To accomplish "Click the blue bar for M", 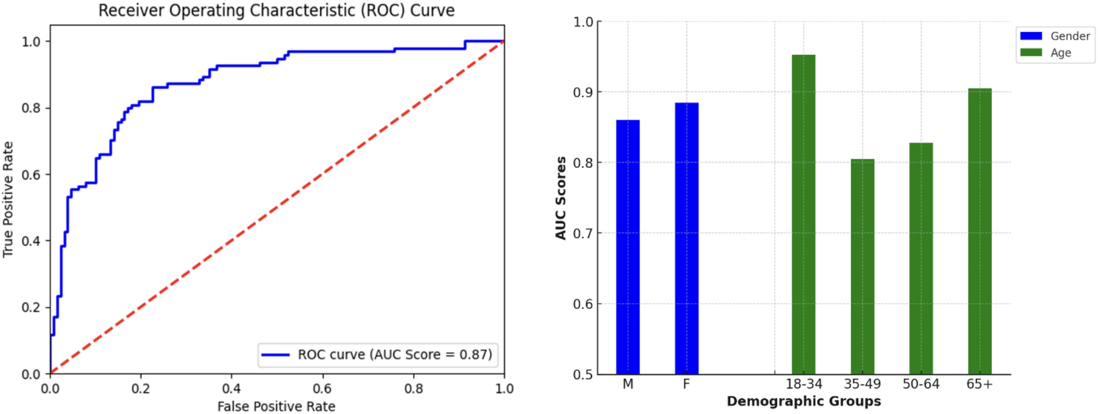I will (628, 246).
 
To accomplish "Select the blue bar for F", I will (686, 238).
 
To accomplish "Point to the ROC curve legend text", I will (394, 355).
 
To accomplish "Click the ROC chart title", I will (276, 10).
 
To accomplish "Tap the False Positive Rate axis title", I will (276, 406).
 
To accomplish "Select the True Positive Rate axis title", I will (8, 199).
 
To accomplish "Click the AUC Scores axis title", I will (561, 198).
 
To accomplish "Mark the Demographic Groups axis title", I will (803, 401).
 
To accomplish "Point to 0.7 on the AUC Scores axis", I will (583, 233).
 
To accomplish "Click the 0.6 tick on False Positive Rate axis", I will (322, 389).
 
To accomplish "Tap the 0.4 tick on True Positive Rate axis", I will (31, 241).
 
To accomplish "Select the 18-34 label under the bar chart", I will (803, 384).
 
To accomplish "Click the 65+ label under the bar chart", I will (979, 384).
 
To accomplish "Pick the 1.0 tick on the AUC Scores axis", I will (583, 22).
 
